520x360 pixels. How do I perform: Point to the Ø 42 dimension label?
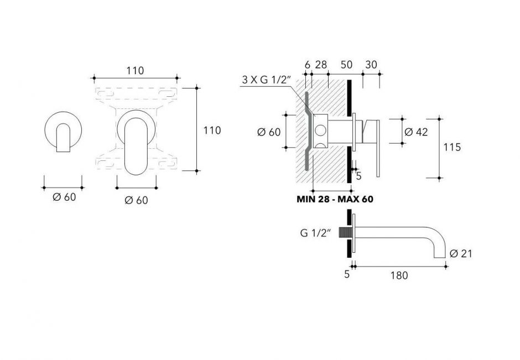[417, 132]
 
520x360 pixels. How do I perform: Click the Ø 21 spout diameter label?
[460, 254]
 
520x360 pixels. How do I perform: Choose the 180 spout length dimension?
[399, 275]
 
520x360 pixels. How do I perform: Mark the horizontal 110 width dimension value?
[135, 70]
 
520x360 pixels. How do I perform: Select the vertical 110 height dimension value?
[211, 131]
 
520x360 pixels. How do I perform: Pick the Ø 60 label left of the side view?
[269, 132]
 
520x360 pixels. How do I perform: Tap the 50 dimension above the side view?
[346, 64]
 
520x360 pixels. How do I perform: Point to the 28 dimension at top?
[320, 64]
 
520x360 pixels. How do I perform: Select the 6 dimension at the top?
[308, 64]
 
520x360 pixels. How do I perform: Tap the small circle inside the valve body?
[320, 132]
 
